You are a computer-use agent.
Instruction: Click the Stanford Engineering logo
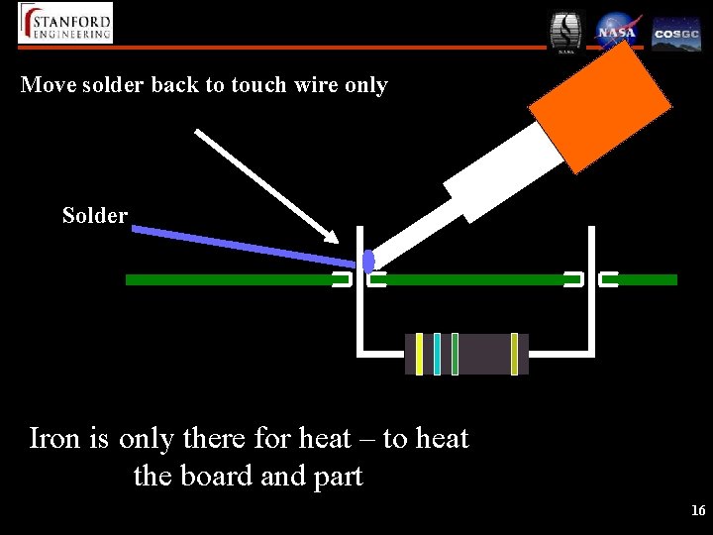[x=65, y=23]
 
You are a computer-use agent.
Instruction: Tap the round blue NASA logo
[x=616, y=31]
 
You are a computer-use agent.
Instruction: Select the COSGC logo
[x=676, y=33]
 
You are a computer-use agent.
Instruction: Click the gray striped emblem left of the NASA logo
[x=566, y=32]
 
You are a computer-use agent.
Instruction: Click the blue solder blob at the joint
[x=368, y=262]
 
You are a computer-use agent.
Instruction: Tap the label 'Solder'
[x=95, y=215]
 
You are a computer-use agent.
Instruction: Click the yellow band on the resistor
[x=419, y=354]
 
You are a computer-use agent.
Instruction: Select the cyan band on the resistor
[x=437, y=354]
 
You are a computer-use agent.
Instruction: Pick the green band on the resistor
[x=455, y=354]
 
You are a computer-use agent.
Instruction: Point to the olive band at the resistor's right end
[x=514, y=354]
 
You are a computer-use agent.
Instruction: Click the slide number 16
[x=698, y=511]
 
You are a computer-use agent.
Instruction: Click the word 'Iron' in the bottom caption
[x=55, y=438]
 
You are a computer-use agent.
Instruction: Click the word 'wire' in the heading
[x=317, y=85]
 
